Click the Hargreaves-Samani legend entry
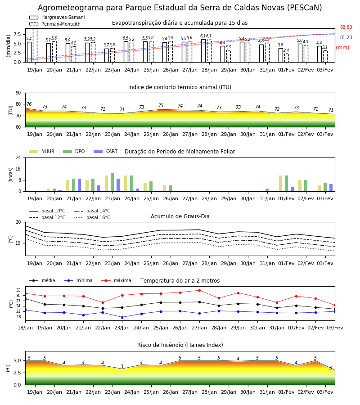pyautogui.click(x=57, y=17)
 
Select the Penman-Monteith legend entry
pyautogui.click(x=55, y=24)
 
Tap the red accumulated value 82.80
pyautogui.click(x=346, y=27)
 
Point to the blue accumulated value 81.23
pyautogui.click(x=346, y=37)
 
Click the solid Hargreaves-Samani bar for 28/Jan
pyautogui.click(x=203, y=51)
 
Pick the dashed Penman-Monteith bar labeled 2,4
pyautogui.click(x=287, y=58)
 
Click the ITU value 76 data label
pyautogui.click(x=29, y=104)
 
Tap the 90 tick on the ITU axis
pyautogui.click(x=18, y=93)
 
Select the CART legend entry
pyautogui.click(x=105, y=151)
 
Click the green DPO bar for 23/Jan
pyautogui.click(x=112, y=182)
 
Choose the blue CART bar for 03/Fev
pyautogui.click(x=331, y=188)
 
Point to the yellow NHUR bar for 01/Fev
pyautogui.click(x=281, y=184)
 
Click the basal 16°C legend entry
pyautogui.click(x=92, y=217)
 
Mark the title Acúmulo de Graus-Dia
pyautogui.click(x=180, y=216)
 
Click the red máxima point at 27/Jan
pyautogui.click(x=200, y=290)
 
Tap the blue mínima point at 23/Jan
pyautogui.click(x=122, y=317)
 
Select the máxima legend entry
pyautogui.click(x=116, y=280)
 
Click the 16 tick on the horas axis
pyautogui.click(x=18, y=169)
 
